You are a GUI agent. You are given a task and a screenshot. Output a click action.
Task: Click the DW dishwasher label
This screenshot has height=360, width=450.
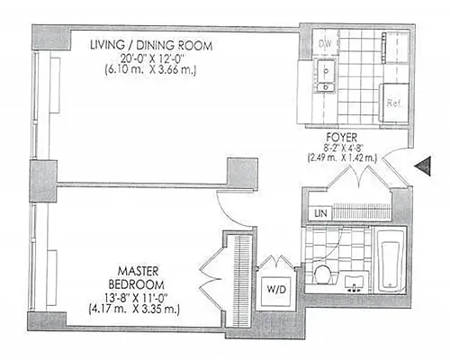click(x=326, y=43)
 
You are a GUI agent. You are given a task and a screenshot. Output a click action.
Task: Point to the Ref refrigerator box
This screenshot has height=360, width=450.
click(x=392, y=102)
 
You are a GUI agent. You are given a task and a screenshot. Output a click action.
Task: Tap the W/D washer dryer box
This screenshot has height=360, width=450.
click(x=276, y=290)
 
